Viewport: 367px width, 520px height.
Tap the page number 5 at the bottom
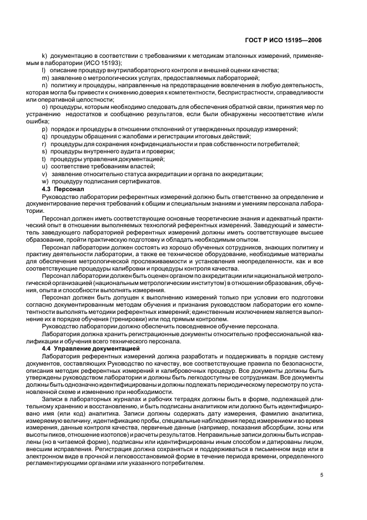click(x=321, y=475)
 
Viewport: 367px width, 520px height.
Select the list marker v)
click(x=44, y=173)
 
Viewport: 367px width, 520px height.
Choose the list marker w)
click(x=45, y=181)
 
